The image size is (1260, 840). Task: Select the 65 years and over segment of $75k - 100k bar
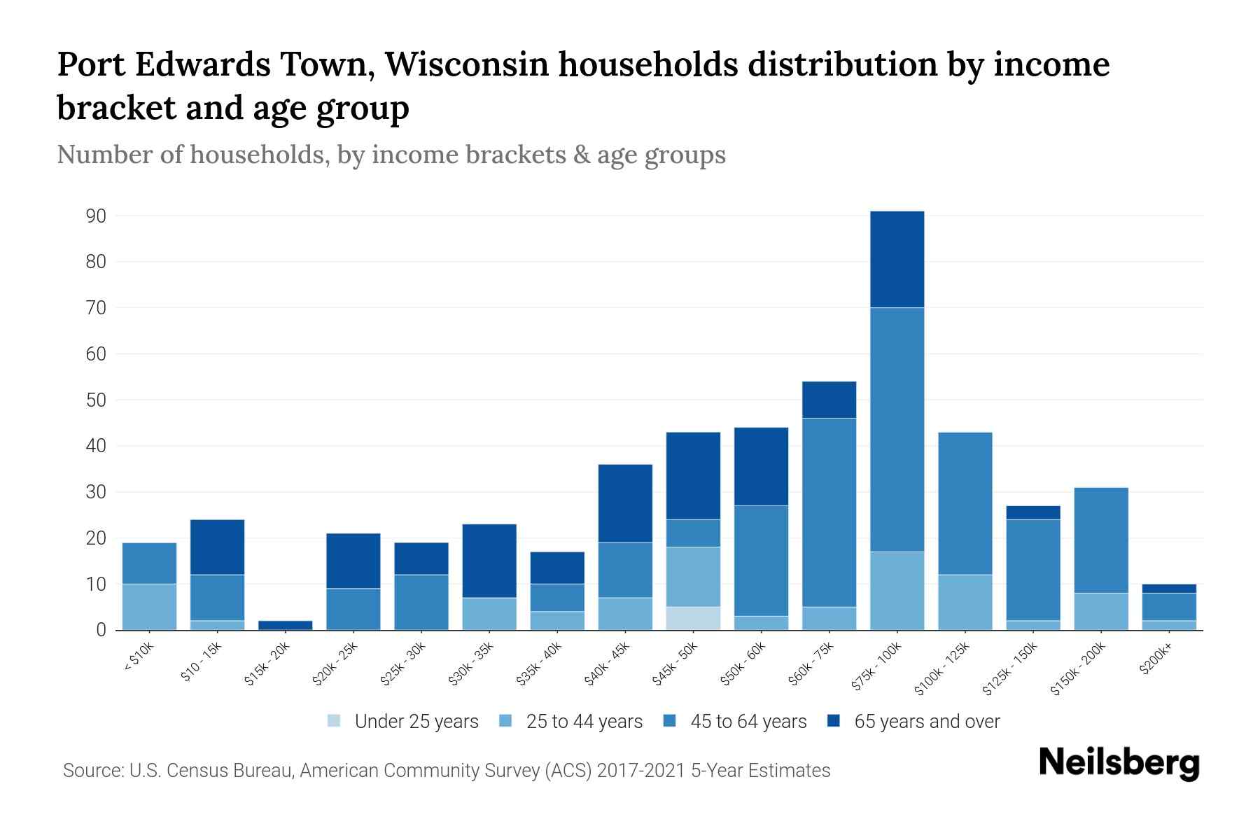(897, 259)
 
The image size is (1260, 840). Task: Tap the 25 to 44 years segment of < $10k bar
(149, 607)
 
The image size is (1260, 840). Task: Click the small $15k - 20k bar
(285, 625)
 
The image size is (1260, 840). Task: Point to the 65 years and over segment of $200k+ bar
(1168, 589)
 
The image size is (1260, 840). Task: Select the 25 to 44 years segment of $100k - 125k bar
(965, 602)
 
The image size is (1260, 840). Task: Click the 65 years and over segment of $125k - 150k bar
(1032, 512)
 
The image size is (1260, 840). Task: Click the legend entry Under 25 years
(416, 722)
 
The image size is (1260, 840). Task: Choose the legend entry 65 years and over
(926, 722)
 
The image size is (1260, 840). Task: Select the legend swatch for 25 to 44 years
(505, 721)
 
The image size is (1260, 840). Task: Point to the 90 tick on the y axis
(97, 216)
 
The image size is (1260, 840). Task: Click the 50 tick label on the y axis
(97, 400)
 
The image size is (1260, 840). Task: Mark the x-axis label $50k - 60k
(743, 664)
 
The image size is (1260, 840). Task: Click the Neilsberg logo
(1119, 764)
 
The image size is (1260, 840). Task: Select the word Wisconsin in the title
(466, 64)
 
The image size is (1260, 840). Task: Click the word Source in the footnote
(91, 771)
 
